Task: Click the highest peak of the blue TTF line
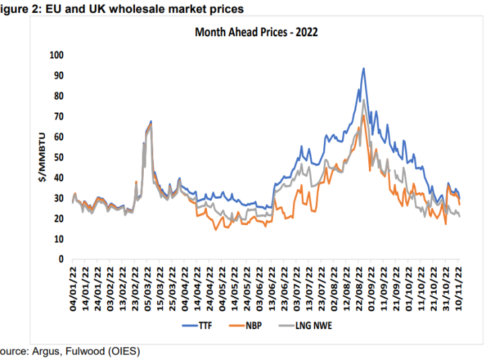click(x=364, y=68)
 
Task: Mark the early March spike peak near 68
click(x=151, y=121)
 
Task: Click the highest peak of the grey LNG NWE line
click(x=364, y=101)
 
